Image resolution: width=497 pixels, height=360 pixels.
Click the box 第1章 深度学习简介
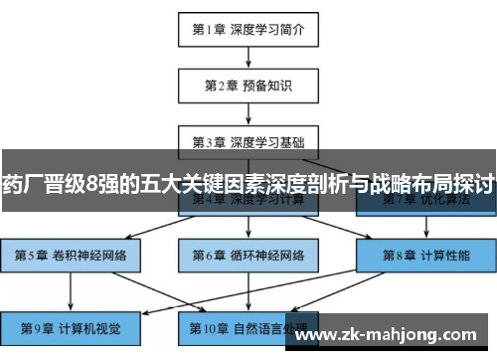point(248,29)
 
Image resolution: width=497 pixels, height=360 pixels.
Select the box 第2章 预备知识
point(248,85)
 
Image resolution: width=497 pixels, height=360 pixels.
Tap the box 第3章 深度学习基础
point(248,140)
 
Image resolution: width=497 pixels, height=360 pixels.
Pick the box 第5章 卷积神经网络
point(71,255)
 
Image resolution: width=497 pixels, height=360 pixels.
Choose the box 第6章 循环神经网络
point(248,255)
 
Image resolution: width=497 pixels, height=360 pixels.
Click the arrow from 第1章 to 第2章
point(248,57)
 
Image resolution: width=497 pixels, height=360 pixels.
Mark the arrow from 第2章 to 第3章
point(248,112)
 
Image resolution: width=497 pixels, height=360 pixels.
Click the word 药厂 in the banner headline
point(22,184)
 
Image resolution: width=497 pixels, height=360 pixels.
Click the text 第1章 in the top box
point(211,29)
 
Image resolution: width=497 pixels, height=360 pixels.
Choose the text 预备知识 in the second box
point(269,85)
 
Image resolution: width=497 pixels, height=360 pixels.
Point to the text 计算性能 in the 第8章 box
point(443,255)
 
